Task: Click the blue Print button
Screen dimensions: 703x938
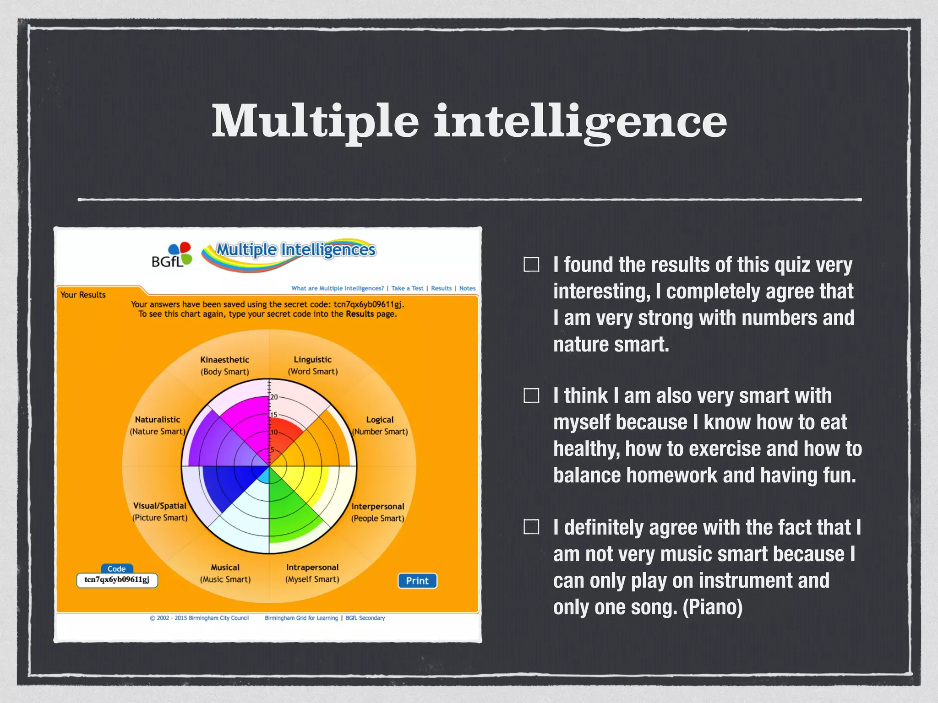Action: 417,581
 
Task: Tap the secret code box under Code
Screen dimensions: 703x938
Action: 117,580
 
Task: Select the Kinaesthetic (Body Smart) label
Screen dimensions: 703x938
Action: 224,366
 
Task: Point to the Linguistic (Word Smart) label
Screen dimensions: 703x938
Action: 313,366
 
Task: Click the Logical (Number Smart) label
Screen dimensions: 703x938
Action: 380,426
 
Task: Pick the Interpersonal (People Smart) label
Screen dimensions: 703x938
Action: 378,512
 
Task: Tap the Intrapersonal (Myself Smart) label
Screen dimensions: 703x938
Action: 312,573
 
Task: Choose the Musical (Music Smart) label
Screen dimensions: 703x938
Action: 225,573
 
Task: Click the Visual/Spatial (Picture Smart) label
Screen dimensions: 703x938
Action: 160,512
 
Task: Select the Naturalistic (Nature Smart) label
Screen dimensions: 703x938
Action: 158,425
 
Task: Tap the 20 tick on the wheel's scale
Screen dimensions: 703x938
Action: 274,397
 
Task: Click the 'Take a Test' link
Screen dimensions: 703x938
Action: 407,288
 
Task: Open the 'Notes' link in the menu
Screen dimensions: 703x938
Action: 467,288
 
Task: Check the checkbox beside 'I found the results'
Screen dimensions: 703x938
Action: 531,265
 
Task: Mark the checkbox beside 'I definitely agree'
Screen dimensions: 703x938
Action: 531,527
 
